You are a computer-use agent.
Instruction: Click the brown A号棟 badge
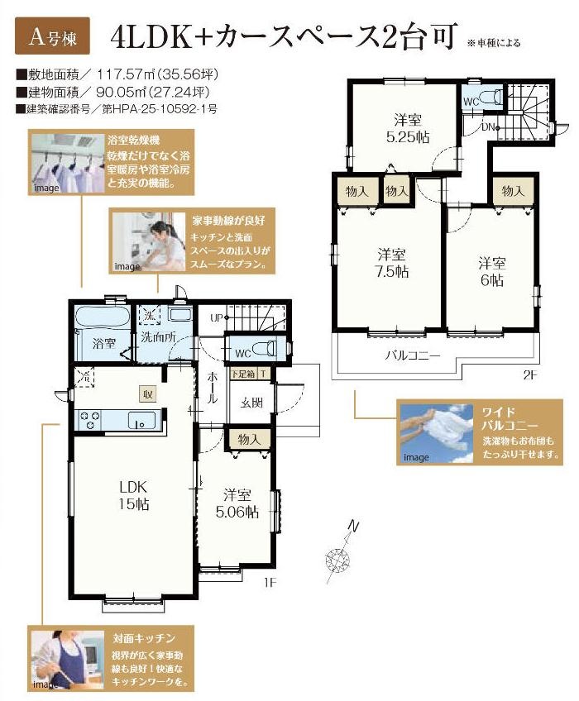coord(52,36)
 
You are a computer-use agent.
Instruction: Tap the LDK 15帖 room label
coord(133,495)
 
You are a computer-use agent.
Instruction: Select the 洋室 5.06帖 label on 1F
coord(237,503)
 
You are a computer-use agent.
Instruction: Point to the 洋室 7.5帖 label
coord(392,264)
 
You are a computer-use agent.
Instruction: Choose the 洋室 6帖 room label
coord(492,272)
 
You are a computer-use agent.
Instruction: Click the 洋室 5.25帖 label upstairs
coord(408,128)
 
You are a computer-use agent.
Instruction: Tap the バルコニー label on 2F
coord(413,355)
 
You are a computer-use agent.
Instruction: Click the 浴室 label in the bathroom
coord(104,343)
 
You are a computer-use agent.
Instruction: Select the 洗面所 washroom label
coord(158,337)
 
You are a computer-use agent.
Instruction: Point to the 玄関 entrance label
coord(251,403)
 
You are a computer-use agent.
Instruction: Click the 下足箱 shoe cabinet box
coord(243,374)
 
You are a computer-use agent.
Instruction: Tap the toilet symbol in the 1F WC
coord(264,349)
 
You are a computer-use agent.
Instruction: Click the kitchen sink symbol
coord(141,420)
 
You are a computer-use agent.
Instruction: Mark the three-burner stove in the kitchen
coord(89,420)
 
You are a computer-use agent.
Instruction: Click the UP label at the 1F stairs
coord(217,318)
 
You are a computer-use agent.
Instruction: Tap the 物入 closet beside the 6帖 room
coord(513,191)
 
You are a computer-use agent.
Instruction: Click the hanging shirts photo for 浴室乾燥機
coord(67,163)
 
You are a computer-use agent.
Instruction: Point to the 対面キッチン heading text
coord(144,638)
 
